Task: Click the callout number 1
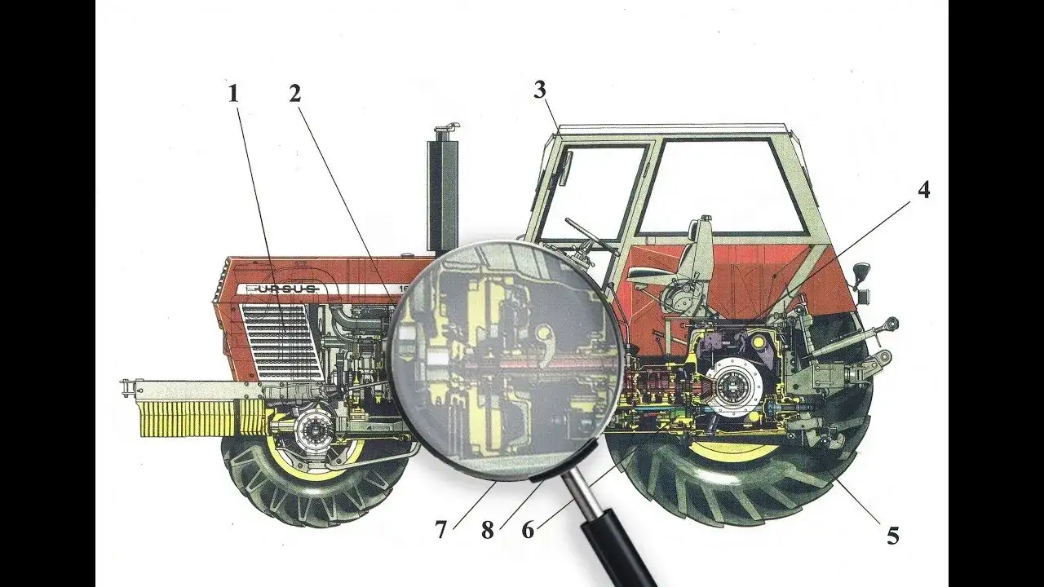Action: click(234, 93)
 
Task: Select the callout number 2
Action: click(295, 93)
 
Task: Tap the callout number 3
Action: click(540, 90)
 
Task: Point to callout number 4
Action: click(922, 190)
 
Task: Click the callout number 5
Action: click(893, 536)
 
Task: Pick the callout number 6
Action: click(529, 530)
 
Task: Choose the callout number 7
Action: click(441, 531)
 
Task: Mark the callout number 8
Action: click(487, 531)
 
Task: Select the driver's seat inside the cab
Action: click(693, 261)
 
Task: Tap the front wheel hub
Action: click(312, 430)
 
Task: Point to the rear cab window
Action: click(718, 186)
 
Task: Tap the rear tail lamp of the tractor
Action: click(860, 271)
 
